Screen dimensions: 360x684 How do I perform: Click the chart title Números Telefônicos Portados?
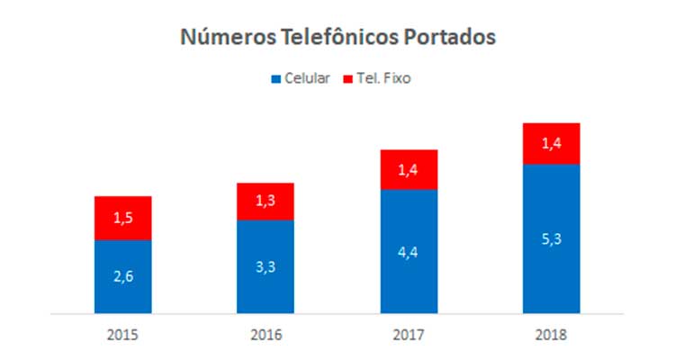tap(338, 37)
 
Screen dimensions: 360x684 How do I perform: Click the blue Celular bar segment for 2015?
tap(122, 277)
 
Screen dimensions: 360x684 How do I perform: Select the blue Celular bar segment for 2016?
tap(265, 267)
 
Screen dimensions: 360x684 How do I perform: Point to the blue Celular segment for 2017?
tap(409, 252)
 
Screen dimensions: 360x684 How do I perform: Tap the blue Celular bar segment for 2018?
tap(551, 238)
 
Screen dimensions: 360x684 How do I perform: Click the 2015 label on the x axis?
tap(122, 335)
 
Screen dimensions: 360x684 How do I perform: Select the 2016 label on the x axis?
tap(265, 335)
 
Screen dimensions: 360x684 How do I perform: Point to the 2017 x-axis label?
tap(409, 335)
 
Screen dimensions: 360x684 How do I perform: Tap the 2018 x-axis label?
tap(551, 335)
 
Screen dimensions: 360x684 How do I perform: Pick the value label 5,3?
tap(551, 239)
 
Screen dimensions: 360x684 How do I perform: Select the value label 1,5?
tap(122, 219)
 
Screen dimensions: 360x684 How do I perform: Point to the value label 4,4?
tap(409, 253)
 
